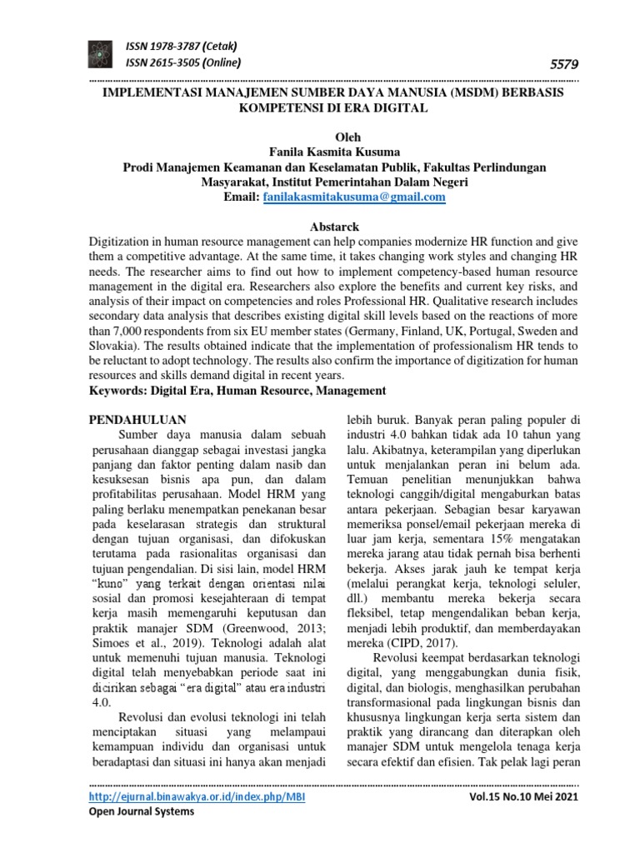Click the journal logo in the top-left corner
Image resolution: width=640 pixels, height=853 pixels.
pos(105,54)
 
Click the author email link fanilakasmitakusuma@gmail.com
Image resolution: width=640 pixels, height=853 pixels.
pos(354,197)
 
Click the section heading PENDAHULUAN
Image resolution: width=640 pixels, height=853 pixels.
pos(137,418)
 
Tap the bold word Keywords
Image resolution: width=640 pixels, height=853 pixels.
pos(122,390)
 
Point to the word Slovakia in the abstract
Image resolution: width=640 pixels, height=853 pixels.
pos(115,345)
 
